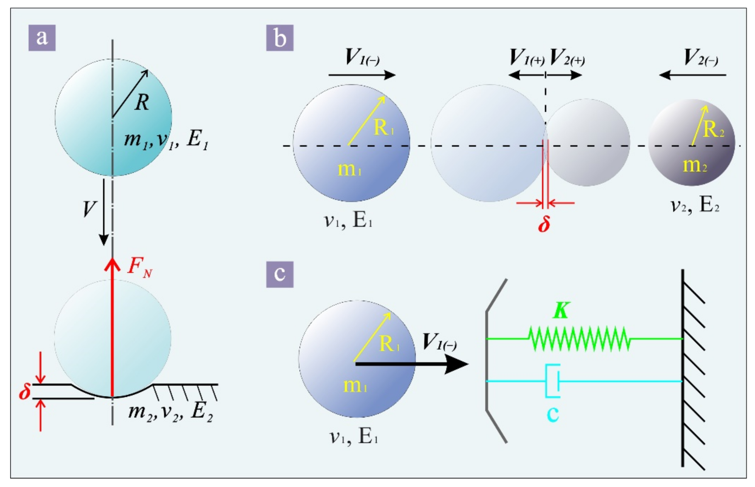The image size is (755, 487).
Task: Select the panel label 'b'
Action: (280, 38)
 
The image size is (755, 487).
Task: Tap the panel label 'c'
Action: (280, 274)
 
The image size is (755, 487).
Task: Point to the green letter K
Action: (561, 311)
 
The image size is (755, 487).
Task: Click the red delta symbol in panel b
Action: (544, 224)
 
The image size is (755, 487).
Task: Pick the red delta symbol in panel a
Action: (25, 392)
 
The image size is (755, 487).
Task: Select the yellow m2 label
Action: (695, 165)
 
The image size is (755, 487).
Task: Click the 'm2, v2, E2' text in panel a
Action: (170, 412)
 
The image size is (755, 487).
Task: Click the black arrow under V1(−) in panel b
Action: (362, 75)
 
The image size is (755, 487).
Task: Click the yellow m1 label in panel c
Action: (355, 386)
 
